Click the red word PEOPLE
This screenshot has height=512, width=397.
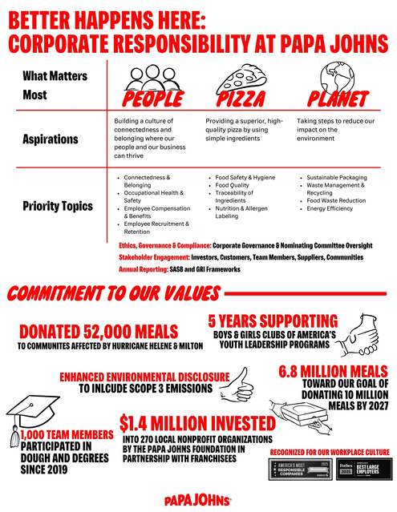pos(152,99)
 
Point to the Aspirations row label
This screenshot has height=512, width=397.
pos(50,139)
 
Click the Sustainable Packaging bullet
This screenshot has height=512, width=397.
pos(336,178)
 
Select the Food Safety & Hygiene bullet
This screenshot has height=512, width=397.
pos(245,178)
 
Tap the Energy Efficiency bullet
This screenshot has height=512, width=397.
pos(332,209)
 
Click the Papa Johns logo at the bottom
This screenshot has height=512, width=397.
pos(198,500)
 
